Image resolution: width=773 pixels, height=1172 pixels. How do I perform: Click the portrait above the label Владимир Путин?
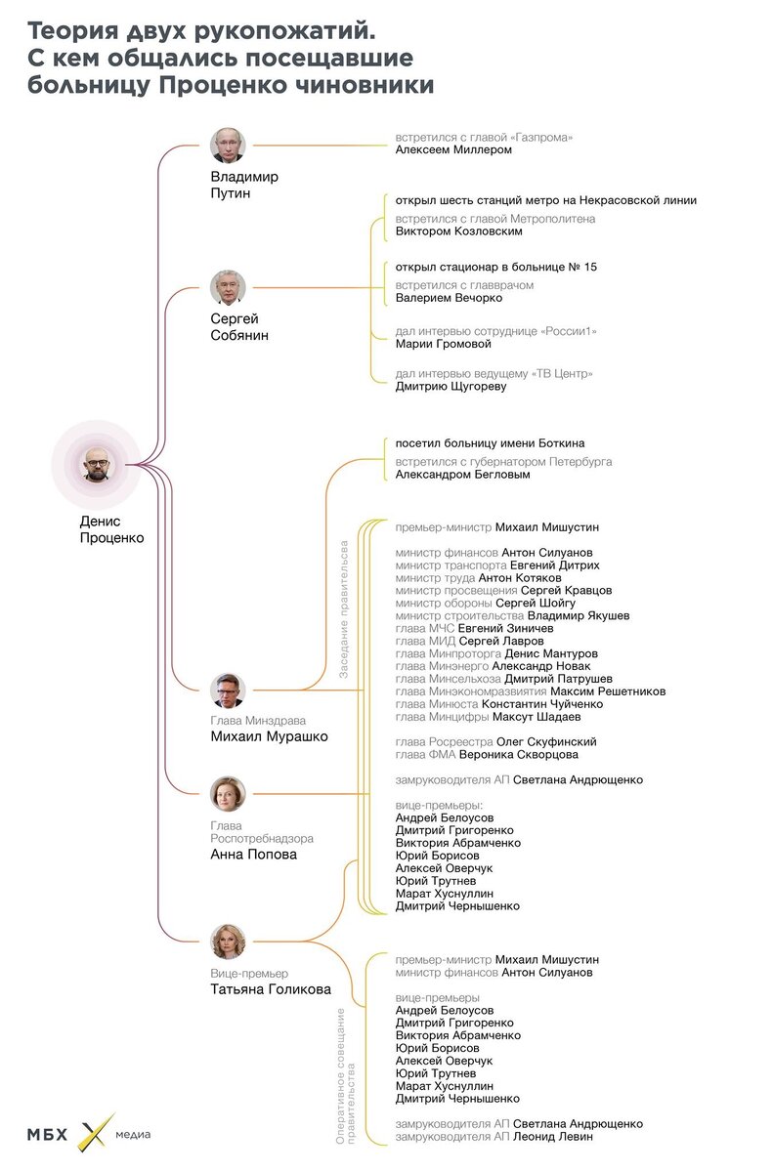[x=228, y=146]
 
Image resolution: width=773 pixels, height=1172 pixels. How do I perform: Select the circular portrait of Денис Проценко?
[x=102, y=463]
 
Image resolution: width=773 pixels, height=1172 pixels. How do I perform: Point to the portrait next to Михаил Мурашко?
[x=228, y=691]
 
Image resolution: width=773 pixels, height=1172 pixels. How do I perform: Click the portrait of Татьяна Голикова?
[x=228, y=942]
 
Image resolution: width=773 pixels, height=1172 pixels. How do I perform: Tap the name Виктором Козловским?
[x=458, y=232]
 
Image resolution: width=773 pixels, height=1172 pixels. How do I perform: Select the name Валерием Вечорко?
[x=449, y=298]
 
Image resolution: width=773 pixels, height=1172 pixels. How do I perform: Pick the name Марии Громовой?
[x=443, y=344]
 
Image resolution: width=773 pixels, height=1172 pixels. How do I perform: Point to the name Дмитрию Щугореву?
[x=451, y=387]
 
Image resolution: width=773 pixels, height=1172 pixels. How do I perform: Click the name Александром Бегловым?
[x=462, y=475]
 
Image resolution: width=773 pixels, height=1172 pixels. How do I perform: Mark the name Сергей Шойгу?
[x=542, y=604]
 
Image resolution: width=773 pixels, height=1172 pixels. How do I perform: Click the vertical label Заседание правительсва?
[x=344, y=607]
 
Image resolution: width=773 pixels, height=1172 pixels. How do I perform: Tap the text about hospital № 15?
[x=495, y=267]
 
